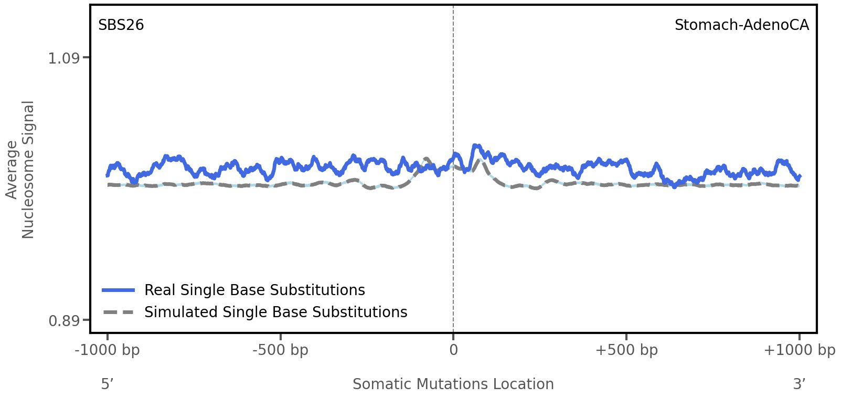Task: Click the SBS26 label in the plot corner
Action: pyautogui.click(x=121, y=25)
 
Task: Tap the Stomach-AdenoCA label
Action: pyautogui.click(x=741, y=25)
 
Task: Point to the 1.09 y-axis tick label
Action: pyautogui.click(x=64, y=58)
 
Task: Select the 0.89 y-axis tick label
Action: pyautogui.click(x=64, y=320)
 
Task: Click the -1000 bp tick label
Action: pyautogui.click(x=108, y=350)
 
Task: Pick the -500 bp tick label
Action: pyautogui.click(x=280, y=350)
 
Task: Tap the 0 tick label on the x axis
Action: pyautogui.click(x=453, y=350)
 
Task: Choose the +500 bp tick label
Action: pyautogui.click(x=626, y=350)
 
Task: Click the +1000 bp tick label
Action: pyautogui.click(x=799, y=350)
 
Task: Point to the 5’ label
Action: pyautogui.click(x=108, y=384)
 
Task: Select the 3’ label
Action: pyautogui.click(x=799, y=384)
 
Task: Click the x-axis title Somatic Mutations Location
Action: pyautogui.click(x=453, y=384)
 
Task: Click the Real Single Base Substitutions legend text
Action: pyautogui.click(x=254, y=290)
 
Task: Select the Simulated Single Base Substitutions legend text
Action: pyautogui.click(x=275, y=312)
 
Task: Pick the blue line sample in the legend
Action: pyautogui.click(x=119, y=290)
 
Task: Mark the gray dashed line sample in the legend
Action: pyautogui.click(x=119, y=312)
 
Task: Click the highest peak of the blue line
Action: pyautogui.click(x=475, y=145)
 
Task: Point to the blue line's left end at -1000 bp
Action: pyautogui.click(x=108, y=175)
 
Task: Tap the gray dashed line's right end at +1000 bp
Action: pyautogui.click(x=799, y=185)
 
